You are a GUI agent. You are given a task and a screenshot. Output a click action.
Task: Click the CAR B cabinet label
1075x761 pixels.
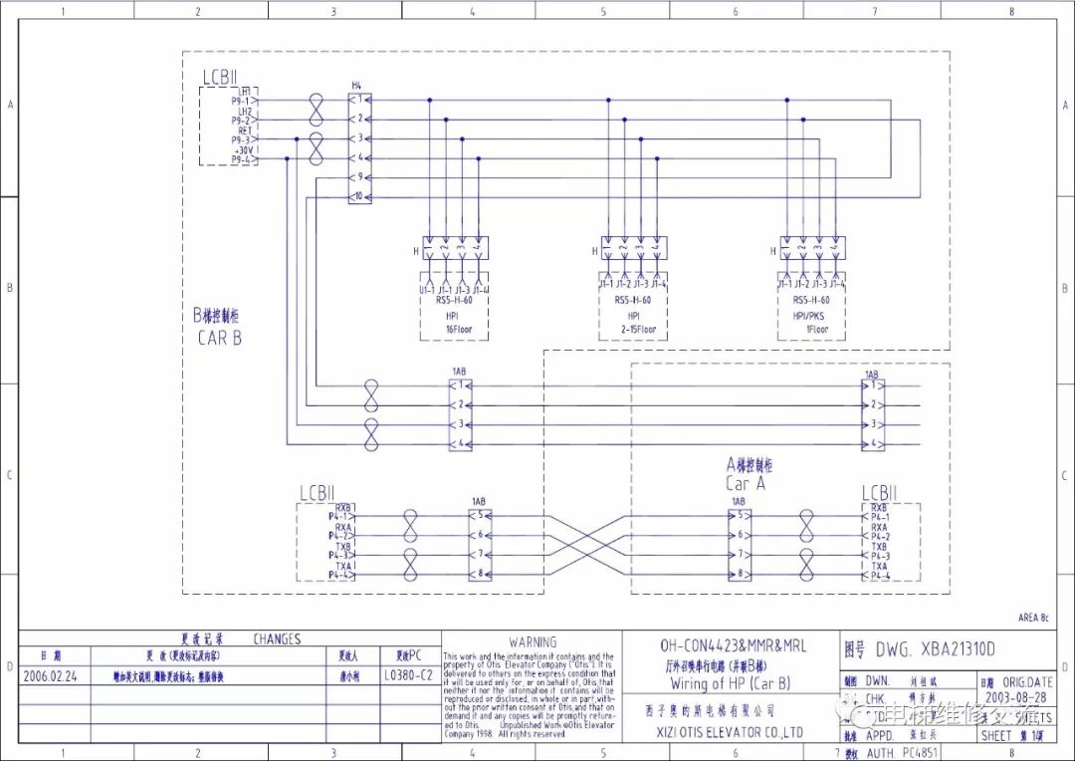tap(219, 338)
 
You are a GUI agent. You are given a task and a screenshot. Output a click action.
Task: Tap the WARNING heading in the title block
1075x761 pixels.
tap(533, 642)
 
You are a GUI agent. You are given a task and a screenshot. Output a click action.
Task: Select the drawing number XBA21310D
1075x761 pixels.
tap(936, 650)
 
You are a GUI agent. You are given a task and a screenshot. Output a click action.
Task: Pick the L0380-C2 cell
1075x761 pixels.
tap(409, 674)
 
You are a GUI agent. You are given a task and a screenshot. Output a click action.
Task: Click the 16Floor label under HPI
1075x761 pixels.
tap(452, 329)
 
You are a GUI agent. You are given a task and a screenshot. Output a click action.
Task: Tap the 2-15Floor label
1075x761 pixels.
tap(634, 329)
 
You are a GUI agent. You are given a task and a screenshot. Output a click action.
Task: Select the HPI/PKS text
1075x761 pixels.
tap(812, 315)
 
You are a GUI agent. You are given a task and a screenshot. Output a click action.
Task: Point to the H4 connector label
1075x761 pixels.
tap(355, 86)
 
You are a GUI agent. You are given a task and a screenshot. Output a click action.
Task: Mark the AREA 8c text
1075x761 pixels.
tap(1031, 618)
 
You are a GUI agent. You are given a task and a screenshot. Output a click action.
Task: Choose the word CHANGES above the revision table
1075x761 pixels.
tap(277, 639)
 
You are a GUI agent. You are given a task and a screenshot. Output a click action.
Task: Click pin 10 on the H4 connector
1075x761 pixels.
tap(358, 196)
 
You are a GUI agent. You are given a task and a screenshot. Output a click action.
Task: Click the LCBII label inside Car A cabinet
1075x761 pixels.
tap(879, 493)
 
